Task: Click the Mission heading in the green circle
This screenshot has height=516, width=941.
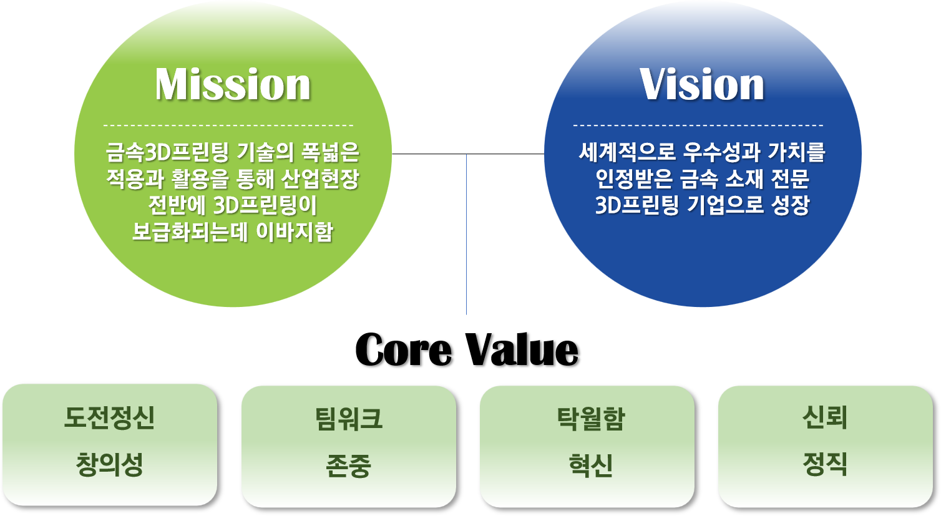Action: (233, 85)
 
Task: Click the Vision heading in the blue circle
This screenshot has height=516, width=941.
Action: (702, 85)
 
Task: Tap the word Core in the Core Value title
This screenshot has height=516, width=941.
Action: (404, 350)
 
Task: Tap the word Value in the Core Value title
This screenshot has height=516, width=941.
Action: (522, 350)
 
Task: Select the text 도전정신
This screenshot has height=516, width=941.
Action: (110, 417)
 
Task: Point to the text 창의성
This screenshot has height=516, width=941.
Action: (110, 464)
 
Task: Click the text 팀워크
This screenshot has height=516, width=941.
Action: (349, 419)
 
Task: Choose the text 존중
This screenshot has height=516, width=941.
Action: (349, 465)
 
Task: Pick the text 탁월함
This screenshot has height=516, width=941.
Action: (591, 419)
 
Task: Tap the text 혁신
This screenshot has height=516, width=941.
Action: (591, 465)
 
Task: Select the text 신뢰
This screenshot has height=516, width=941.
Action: (825, 417)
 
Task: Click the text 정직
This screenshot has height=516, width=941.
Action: (825, 464)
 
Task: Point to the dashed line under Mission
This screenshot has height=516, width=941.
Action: (228, 125)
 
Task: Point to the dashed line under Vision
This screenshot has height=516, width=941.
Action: (698, 125)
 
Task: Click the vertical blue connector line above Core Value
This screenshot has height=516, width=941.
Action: (466, 234)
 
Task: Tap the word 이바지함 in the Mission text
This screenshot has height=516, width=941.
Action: (295, 231)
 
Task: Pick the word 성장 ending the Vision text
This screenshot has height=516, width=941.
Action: (790, 205)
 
